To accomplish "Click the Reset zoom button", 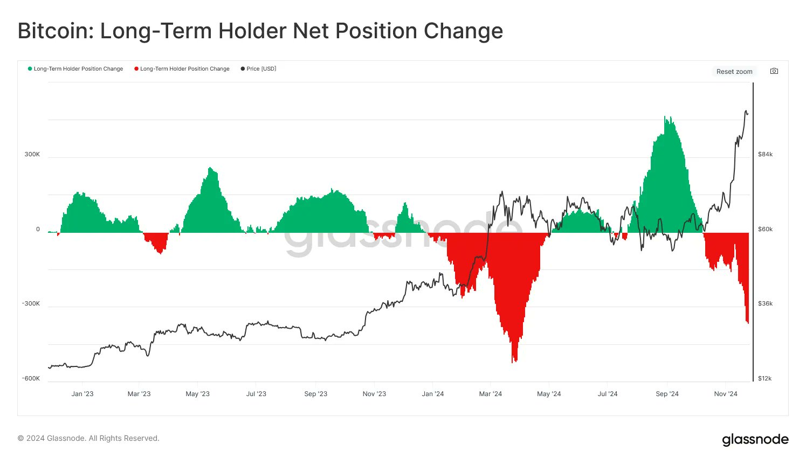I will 734,72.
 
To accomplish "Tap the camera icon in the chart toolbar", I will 774,71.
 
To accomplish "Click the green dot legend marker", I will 30,69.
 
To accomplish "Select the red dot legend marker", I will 136,69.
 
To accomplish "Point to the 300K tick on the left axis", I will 32,154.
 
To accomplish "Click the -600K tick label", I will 31,378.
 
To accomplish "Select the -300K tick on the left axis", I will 31,303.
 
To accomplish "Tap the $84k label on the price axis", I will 765,154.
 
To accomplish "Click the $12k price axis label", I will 764,378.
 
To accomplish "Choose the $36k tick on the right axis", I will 765,303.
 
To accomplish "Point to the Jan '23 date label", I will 82,394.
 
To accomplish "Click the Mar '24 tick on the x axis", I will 491,394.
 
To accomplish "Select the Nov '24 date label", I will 726,394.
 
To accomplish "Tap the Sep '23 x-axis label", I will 316,394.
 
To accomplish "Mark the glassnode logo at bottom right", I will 755,440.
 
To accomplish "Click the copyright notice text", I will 88,438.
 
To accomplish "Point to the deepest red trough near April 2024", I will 515,360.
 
